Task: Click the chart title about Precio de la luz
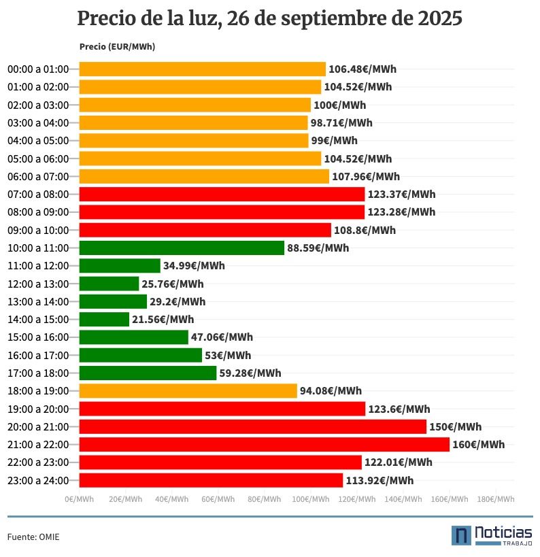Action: pos(269,19)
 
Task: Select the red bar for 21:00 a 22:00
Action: pos(264,445)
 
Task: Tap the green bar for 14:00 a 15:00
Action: pos(104,320)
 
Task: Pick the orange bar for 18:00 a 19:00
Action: pos(188,391)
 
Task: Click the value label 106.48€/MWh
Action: pos(362,69)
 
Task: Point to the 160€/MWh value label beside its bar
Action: pos(478,445)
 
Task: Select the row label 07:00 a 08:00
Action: pos(38,195)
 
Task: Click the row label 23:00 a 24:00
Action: pos(38,481)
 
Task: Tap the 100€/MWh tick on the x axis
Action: pos(310,500)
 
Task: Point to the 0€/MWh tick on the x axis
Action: pos(80,500)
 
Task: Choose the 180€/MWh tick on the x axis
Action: pos(495,500)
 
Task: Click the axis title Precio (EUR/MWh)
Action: pos(117,47)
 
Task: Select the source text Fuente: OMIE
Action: pos(33,537)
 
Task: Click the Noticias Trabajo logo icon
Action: pos(461,535)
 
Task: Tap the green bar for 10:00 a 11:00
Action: pos(182,248)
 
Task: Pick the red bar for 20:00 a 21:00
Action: pos(252,427)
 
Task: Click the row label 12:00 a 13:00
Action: pos(38,284)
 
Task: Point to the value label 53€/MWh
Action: pos(228,356)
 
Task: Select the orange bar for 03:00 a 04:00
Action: pos(193,123)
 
